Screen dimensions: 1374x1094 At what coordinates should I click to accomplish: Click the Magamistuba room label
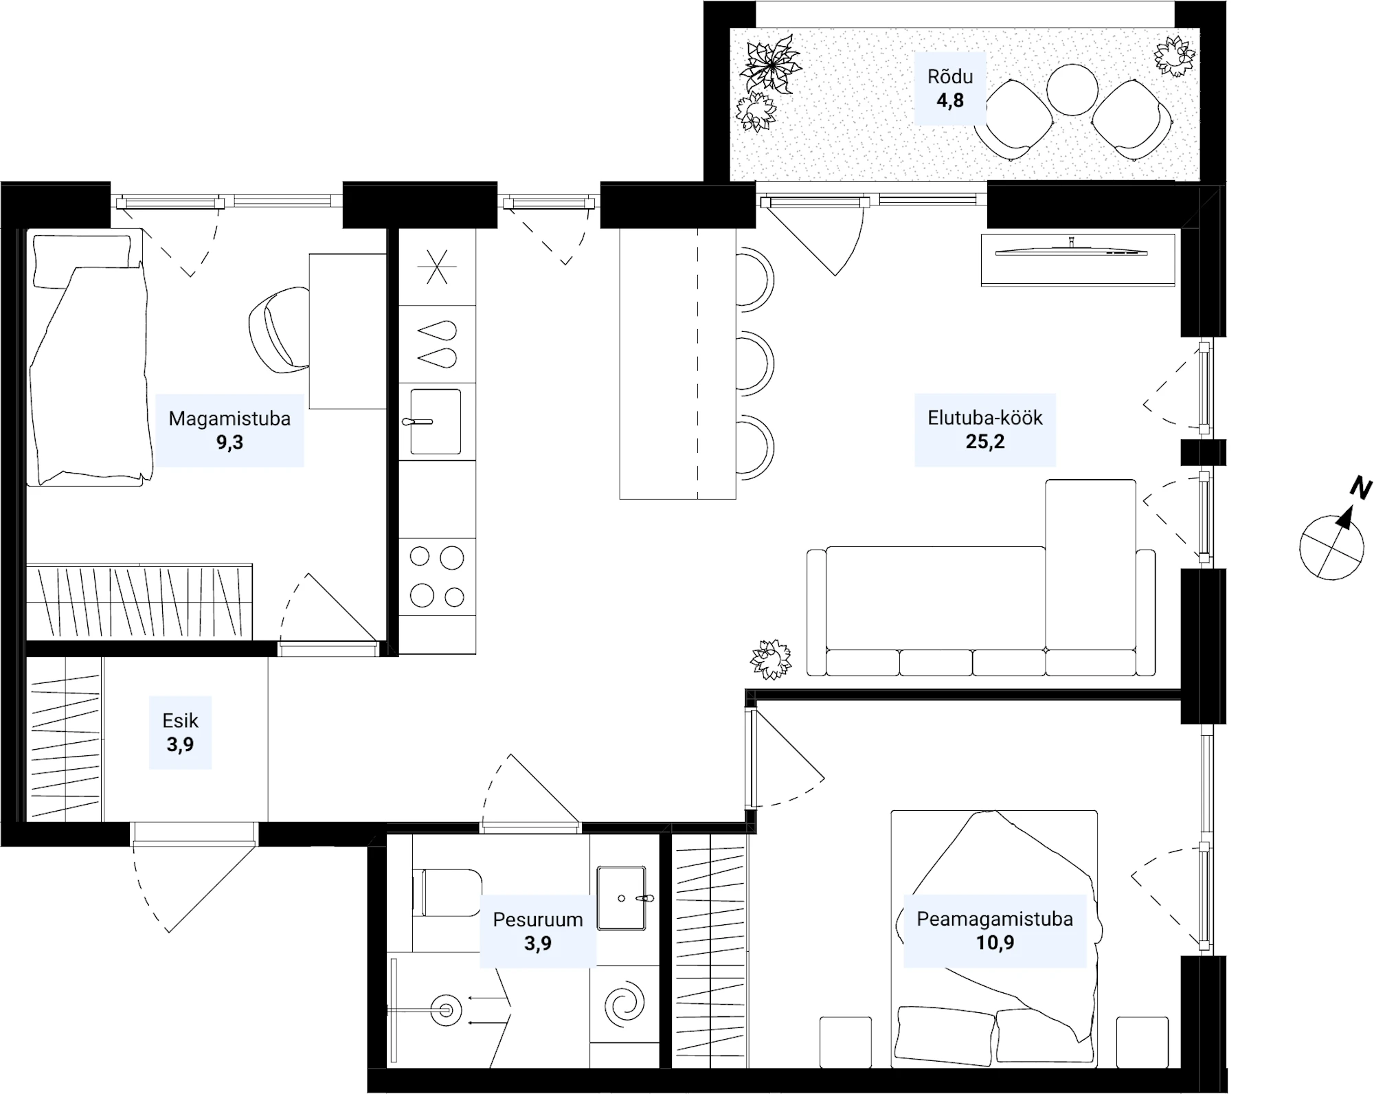pos(229,418)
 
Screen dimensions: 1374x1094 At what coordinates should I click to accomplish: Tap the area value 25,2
pos(985,442)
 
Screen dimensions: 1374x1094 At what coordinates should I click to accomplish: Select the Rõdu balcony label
pos(950,76)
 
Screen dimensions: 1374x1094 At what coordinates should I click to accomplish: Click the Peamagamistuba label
pos(995,919)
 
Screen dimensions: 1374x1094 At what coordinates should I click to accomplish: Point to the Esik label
pos(180,720)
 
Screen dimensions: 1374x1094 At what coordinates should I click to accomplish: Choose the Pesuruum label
pos(538,919)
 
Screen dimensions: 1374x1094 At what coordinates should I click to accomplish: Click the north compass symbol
pos(1333,537)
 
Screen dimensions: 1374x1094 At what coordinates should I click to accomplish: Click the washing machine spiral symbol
pos(625,1006)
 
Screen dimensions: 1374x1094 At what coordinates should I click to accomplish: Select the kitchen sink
pos(436,421)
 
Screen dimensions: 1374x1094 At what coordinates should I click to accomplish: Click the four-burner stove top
pos(437,577)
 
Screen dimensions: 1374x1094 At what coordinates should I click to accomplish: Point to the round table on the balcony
pos(1072,90)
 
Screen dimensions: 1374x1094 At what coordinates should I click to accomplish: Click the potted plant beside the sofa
pos(771,660)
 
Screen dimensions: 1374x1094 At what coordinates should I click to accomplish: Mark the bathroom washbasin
pos(622,897)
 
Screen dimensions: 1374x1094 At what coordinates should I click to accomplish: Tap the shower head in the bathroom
pos(445,1010)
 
